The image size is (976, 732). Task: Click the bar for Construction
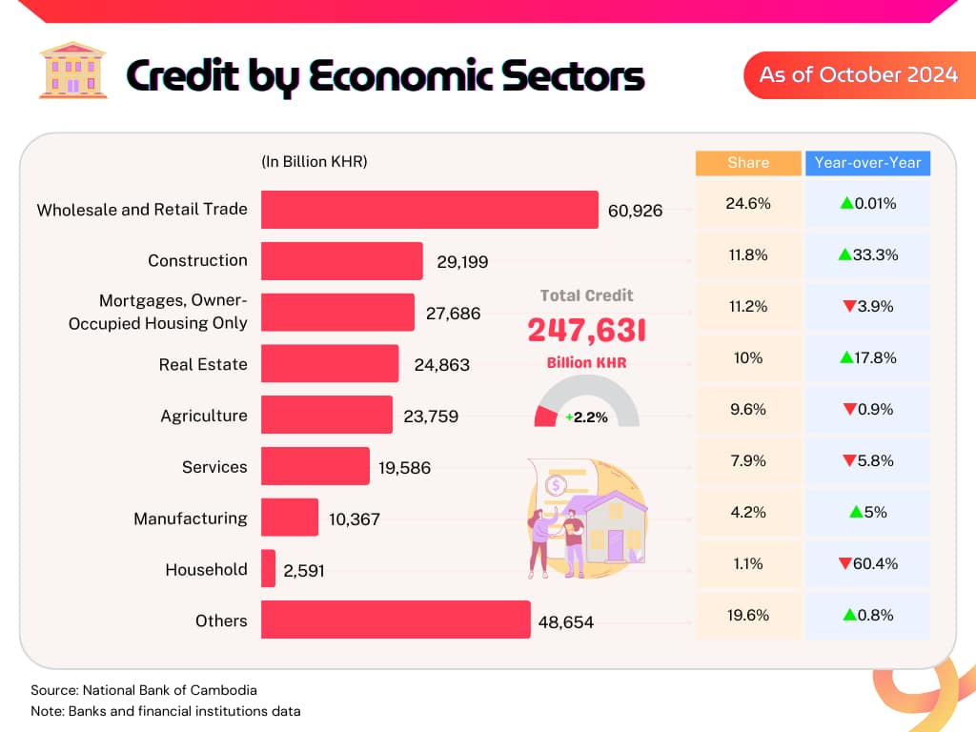pyautogui.click(x=342, y=261)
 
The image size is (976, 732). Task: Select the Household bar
pyautogui.click(x=268, y=568)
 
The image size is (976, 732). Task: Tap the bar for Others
pyautogui.click(x=396, y=620)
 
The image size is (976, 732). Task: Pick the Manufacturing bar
pyautogui.click(x=290, y=518)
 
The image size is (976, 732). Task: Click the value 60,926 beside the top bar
pyautogui.click(x=635, y=211)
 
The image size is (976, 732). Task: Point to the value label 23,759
pyautogui.click(x=431, y=417)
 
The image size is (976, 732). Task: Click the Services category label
pyautogui.click(x=214, y=467)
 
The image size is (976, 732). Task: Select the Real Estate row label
pyautogui.click(x=203, y=364)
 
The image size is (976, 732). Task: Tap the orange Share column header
pyautogui.click(x=748, y=163)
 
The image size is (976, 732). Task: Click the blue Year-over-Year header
pyautogui.click(x=867, y=163)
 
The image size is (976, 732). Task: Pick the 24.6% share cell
pyautogui.click(x=748, y=204)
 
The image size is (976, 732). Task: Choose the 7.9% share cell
pyautogui.click(x=748, y=460)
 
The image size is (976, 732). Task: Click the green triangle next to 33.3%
pyautogui.click(x=844, y=254)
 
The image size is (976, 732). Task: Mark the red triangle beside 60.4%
pyautogui.click(x=844, y=563)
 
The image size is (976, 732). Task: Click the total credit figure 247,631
pyautogui.click(x=586, y=330)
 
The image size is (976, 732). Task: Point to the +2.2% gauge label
pyautogui.click(x=586, y=417)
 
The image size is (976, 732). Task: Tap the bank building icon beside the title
pyautogui.click(x=72, y=71)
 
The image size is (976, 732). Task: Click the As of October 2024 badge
pyautogui.click(x=860, y=74)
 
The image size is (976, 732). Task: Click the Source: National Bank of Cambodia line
pyautogui.click(x=144, y=690)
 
